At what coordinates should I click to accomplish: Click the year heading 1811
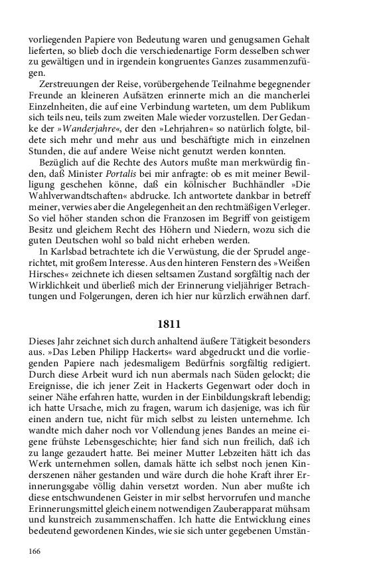(169, 324)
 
